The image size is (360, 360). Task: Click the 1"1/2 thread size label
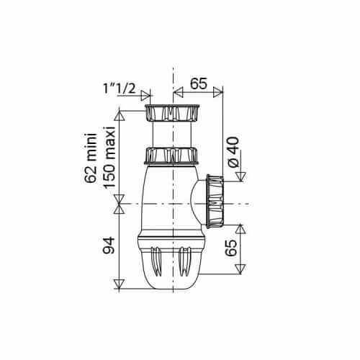[120, 89]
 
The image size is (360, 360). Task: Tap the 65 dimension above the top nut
[199, 84]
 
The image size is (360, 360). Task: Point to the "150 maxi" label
[109, 157]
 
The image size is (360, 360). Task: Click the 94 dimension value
[109, 246]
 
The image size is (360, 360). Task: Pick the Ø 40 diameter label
[233, 152]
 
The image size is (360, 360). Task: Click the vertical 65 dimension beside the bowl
[231, 248]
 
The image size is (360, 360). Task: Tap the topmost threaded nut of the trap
[172, 113]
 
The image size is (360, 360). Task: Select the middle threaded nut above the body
[171, 156]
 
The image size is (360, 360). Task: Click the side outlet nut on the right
[215, 201]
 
